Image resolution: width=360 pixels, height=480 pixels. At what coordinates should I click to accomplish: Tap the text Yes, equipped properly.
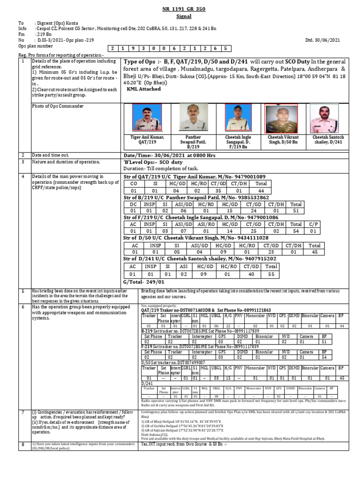[x=160, y=306]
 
